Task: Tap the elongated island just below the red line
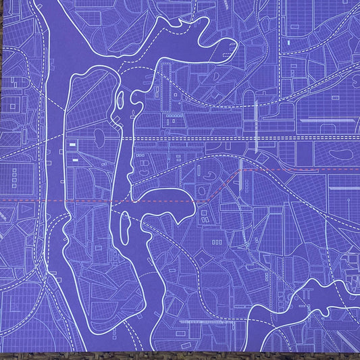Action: [x=124, y=226]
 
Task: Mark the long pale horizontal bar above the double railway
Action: [x=328, y=120]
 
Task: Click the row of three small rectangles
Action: [x=217, y=240]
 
